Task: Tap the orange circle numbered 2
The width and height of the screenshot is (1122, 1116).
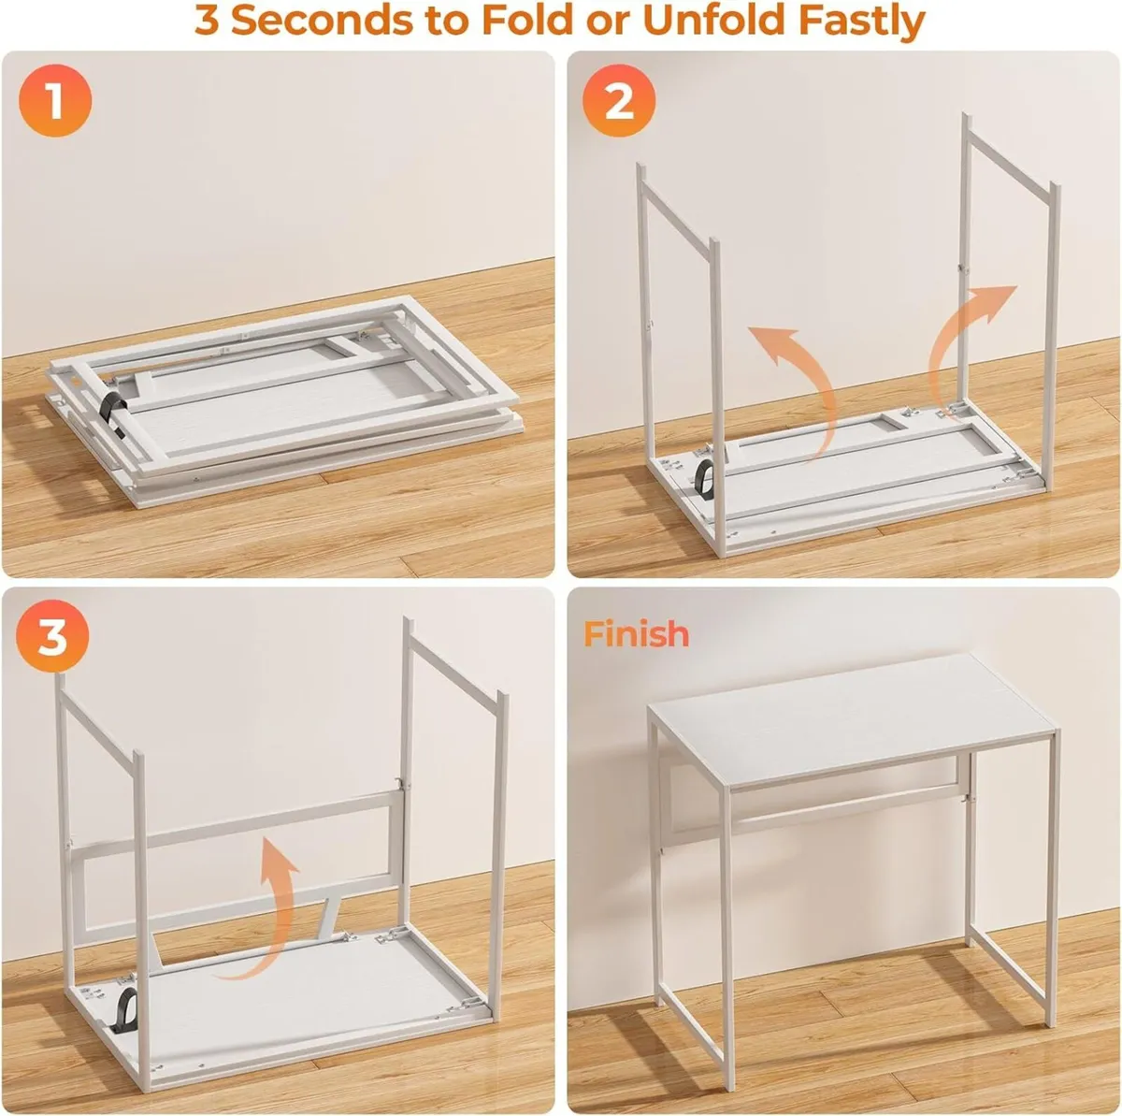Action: [620, 101]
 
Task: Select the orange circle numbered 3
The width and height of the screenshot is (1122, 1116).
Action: [52, 638]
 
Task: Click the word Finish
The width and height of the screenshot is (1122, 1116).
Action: [637, 633]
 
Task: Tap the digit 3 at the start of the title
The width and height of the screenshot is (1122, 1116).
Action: [207, 21]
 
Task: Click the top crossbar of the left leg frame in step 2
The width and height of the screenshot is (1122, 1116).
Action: [675, 206]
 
